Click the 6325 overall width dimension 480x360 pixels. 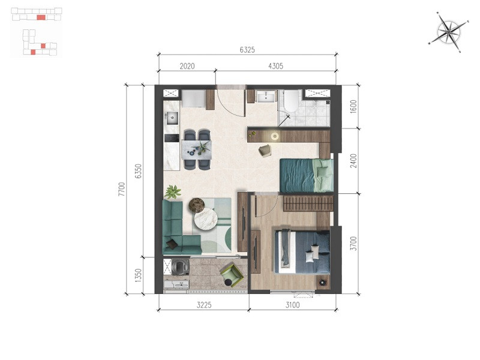[x=247, y=50]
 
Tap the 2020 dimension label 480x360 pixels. [x=187, y=66]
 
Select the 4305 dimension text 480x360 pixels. [x=275, y=66]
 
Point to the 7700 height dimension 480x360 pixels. [x=122, y=189]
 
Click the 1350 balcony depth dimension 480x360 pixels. [x=139, y=275]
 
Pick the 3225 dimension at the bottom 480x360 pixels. [x=204, y=305]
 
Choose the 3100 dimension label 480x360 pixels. [x=292, y=305]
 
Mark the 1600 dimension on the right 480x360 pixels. [x=353, y=107]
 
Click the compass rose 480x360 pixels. [x=449, y=32]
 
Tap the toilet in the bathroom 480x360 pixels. [x=291, y=101]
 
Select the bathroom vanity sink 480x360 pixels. [x=266, y=97]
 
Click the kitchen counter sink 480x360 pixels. [x=172, y=118]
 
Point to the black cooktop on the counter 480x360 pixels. [x=172, y=138]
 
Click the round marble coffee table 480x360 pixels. [x=206, y=219]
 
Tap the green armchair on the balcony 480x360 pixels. [x=232, y=275]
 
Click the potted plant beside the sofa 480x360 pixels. [x=173, y=192]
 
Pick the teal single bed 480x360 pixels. [x=307, y=175]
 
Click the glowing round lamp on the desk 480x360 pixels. [x=275, y=136]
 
